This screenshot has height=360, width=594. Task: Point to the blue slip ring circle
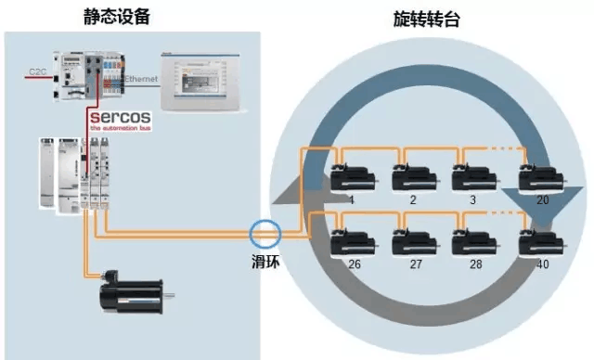coord(265,233)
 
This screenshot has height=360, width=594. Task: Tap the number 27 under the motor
coord(415,264)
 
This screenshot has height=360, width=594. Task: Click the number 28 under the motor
coord(474,264)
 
